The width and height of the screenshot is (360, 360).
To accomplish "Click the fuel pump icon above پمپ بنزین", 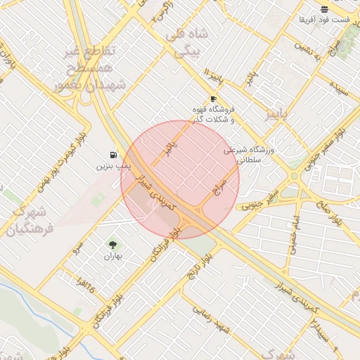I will [113, 155].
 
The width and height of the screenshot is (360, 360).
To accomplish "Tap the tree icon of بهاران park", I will [113, 244].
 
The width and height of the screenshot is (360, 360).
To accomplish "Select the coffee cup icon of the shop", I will [213, 99].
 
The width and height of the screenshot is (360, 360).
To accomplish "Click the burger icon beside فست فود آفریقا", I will [323, 9].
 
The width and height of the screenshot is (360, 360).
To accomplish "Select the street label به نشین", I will [311, 51].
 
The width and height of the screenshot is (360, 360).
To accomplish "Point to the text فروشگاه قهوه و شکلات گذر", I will [213, 114].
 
